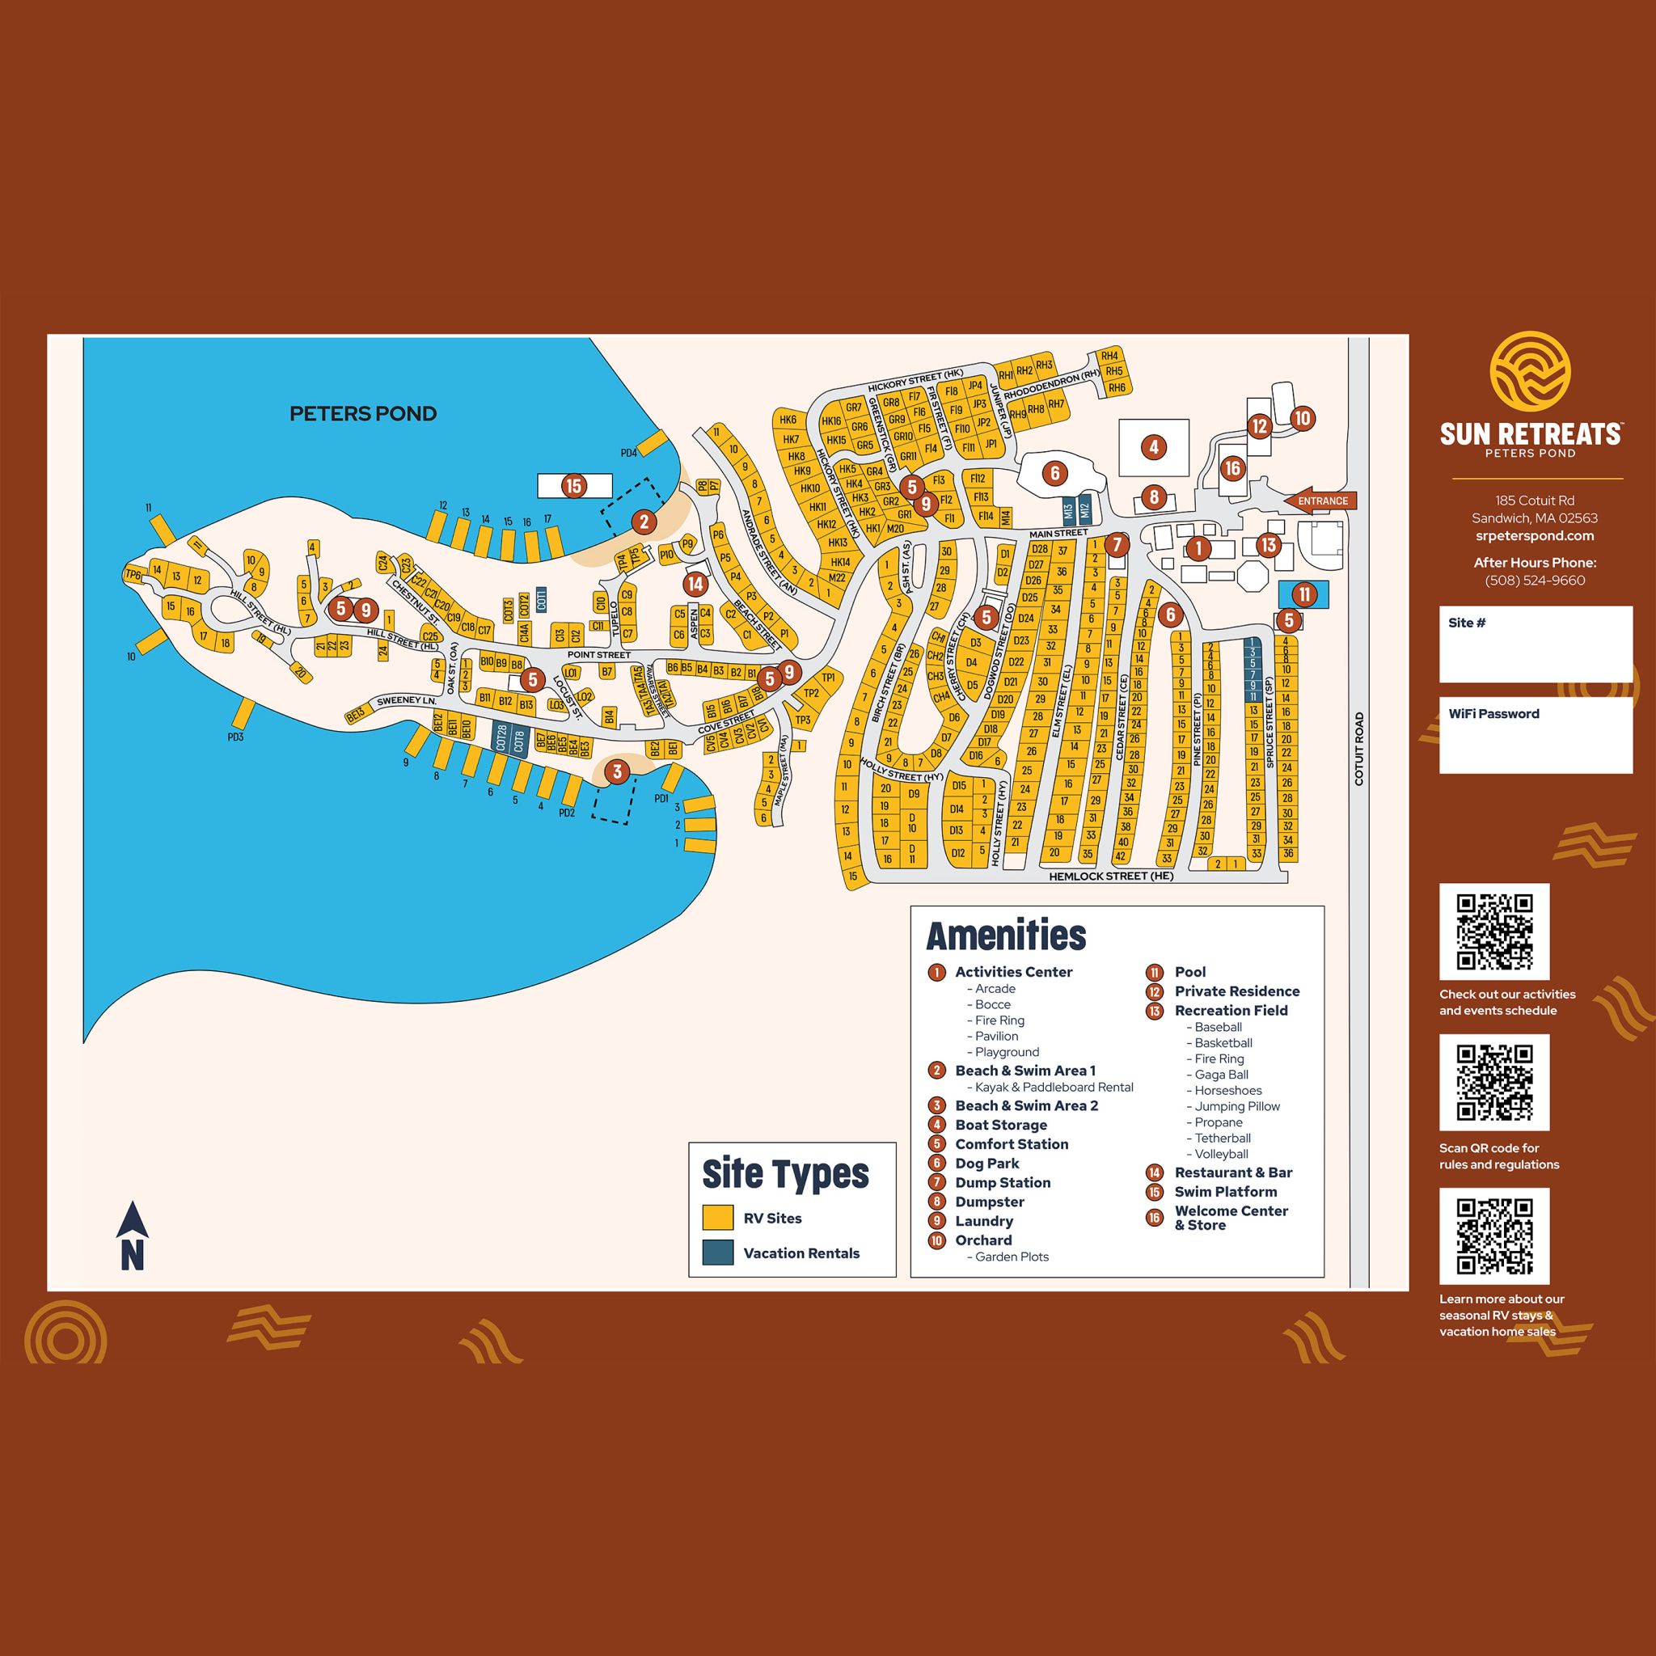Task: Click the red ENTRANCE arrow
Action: [1319, 501]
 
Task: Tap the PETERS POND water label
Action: [362, 414]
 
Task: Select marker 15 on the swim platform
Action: [573, 486]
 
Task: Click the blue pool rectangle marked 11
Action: [1303, 594]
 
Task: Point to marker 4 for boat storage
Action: [1154, 446]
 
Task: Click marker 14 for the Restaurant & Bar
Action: [695, 585]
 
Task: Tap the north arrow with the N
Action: [132, 1236]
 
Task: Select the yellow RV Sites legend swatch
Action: [717, 1218]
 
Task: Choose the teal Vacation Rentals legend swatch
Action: [717, 1253]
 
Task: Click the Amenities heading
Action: [1005, 936]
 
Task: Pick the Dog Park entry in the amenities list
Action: [986, 1163]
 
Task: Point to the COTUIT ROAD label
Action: [1358, 749]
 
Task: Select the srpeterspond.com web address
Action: [1534, 536]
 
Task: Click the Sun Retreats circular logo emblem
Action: [1530, 372]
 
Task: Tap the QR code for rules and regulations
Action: [1494, 1082]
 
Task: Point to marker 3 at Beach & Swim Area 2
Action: [617, 771]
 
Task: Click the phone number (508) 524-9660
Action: [1534, 581]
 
